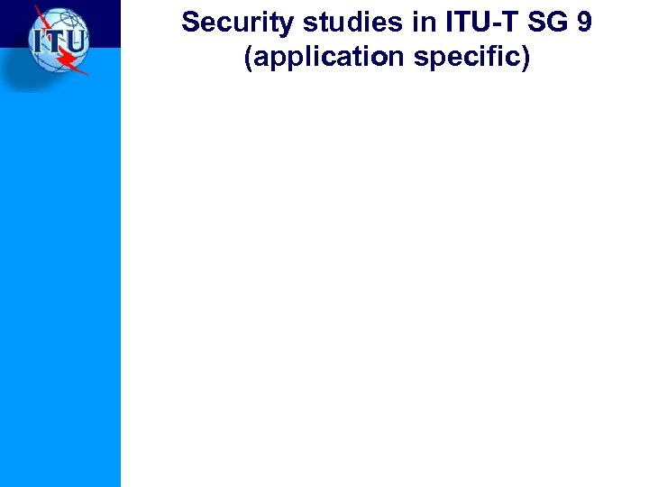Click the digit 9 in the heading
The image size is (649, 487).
584,23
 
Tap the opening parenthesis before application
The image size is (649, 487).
248,58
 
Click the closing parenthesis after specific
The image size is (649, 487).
526,58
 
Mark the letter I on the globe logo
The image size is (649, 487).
39,41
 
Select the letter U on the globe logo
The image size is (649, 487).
75,41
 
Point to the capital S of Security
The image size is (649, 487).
189,23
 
